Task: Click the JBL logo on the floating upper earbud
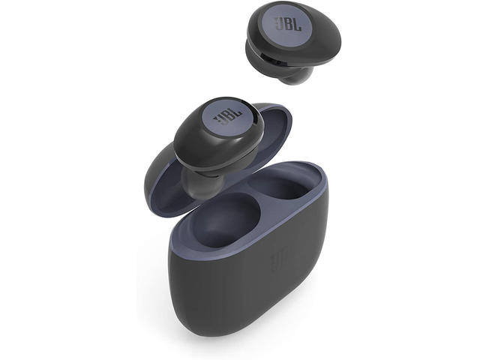[x=288, y=23]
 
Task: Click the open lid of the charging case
[x=172, y=172]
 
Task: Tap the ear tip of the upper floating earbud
[x=298, y=76]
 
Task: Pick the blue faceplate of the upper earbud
[x=284, y=26]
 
